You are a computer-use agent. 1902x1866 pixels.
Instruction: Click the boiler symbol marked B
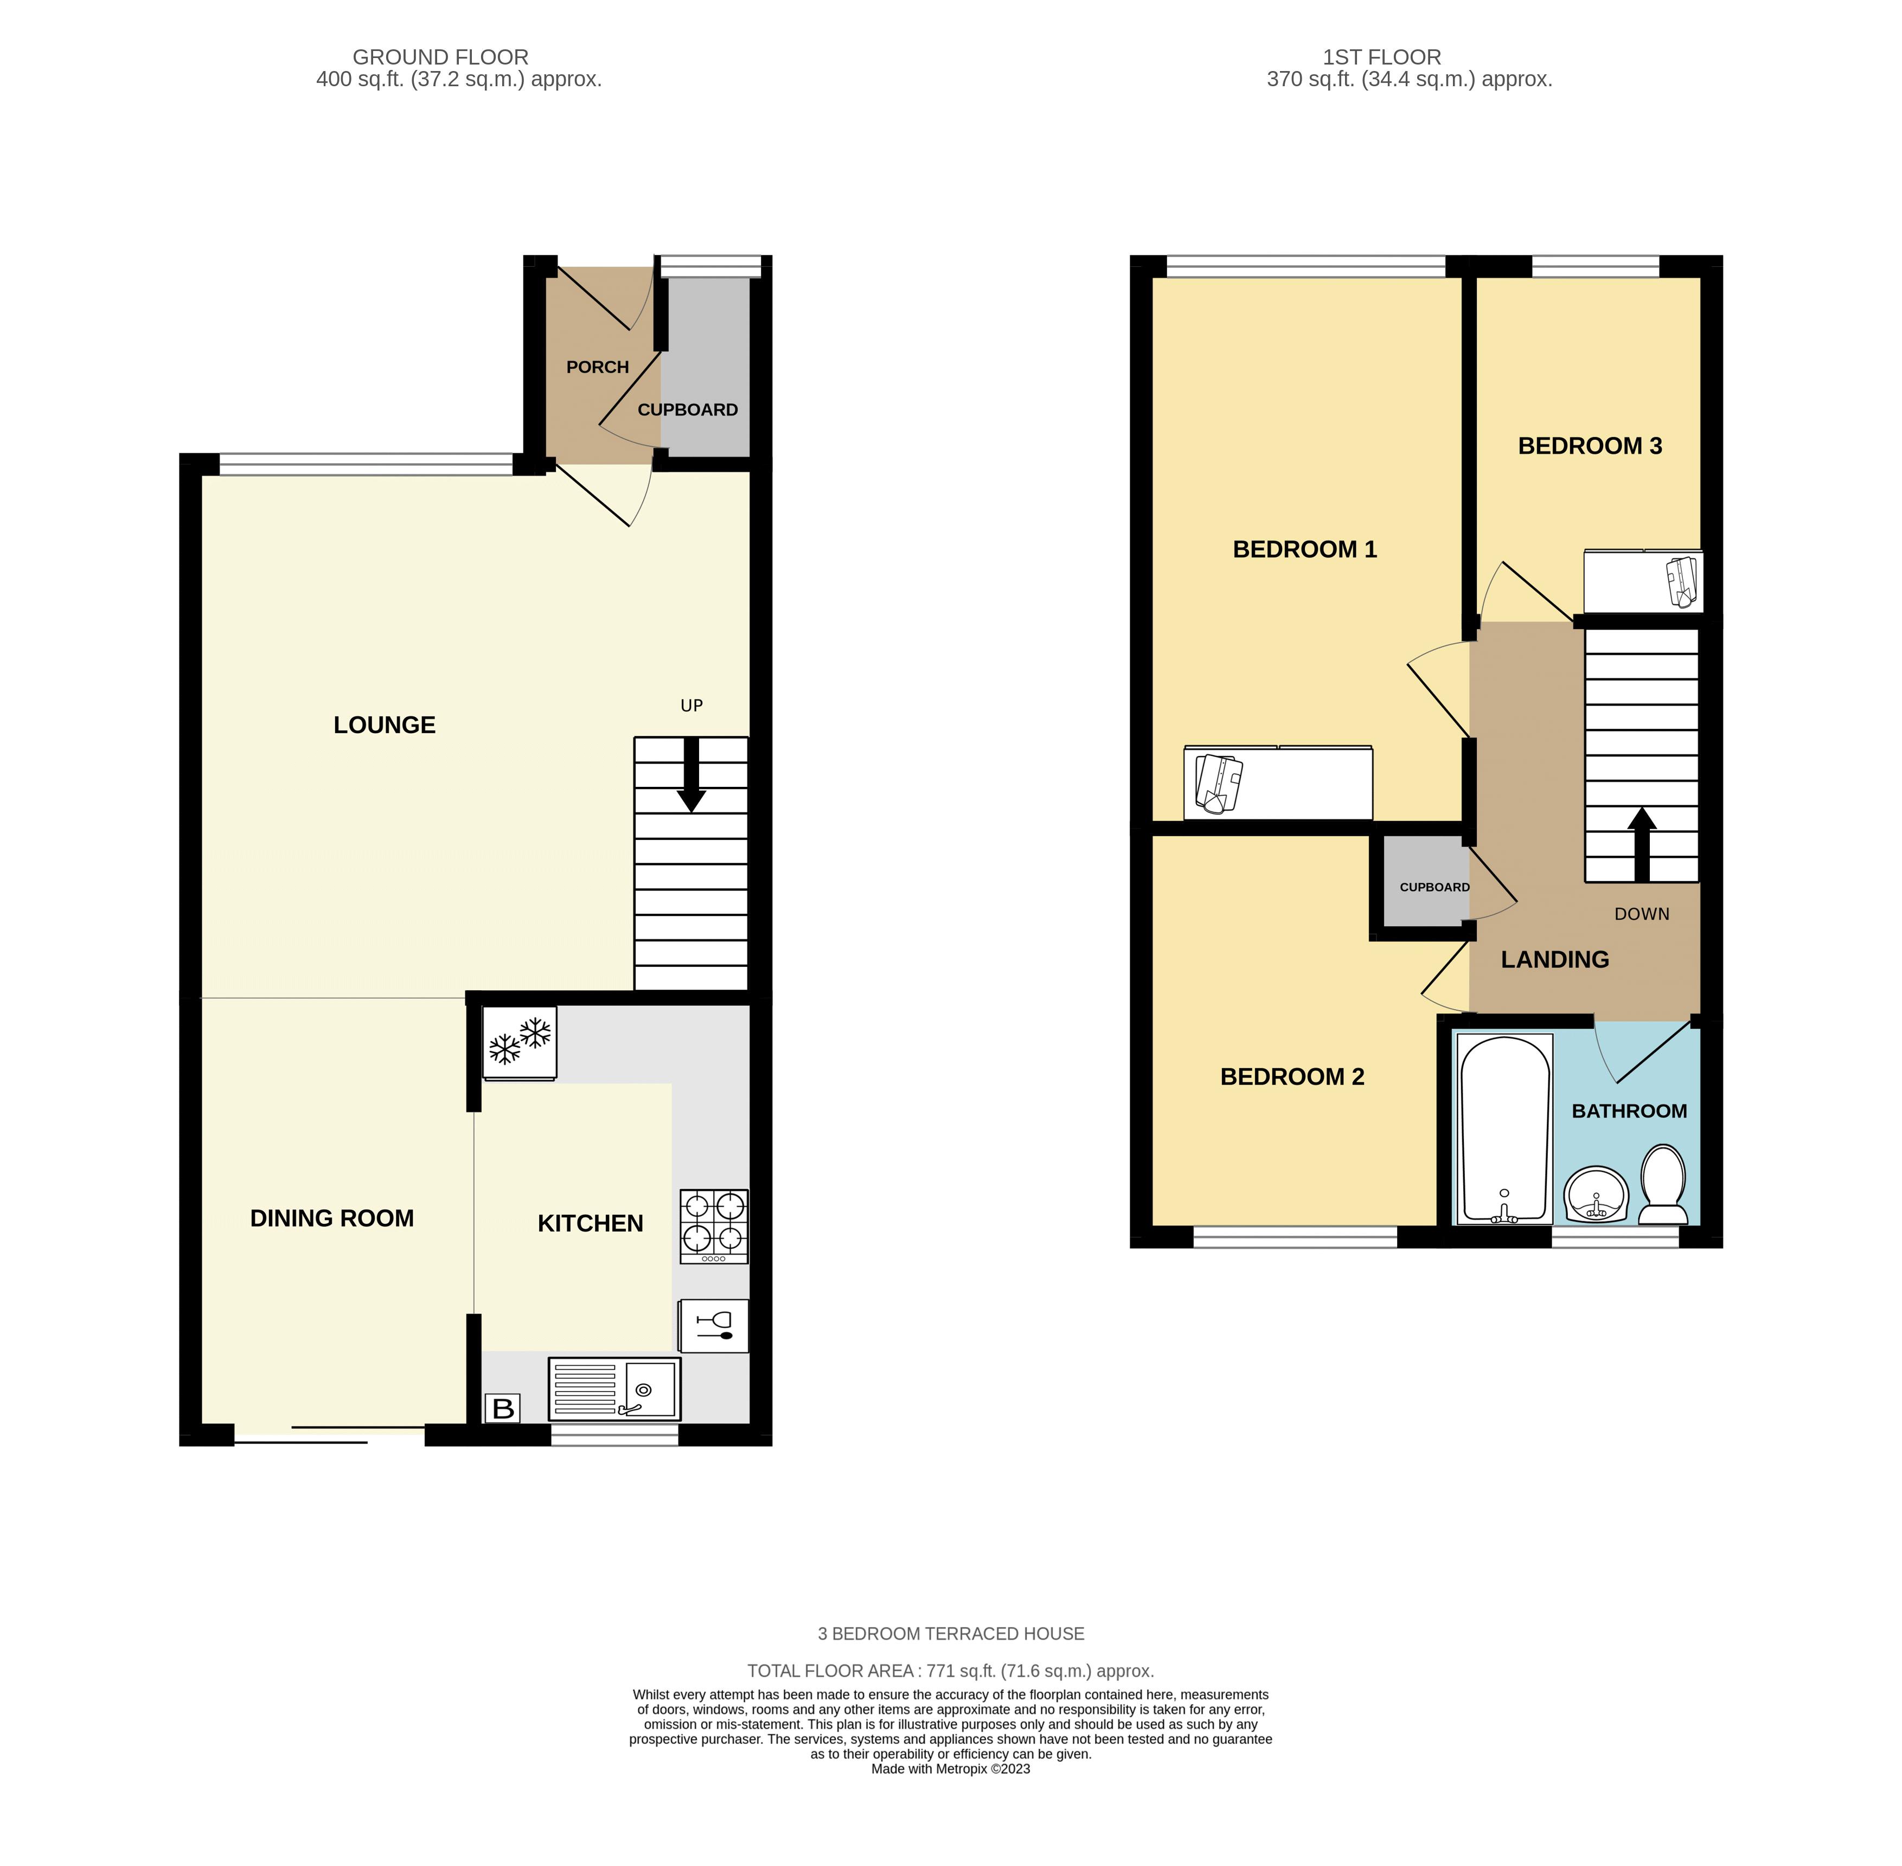(x=503, y=1408)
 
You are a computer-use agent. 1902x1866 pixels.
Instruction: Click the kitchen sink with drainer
(x=614, y=1388)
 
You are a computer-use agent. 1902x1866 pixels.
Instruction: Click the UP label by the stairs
(x=692, y=706)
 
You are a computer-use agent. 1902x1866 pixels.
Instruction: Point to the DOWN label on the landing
(x=1641, y=913)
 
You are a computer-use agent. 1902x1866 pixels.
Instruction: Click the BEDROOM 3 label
(x=1590, y=446)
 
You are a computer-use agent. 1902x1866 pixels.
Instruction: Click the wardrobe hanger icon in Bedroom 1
(x=1218, y=784)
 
